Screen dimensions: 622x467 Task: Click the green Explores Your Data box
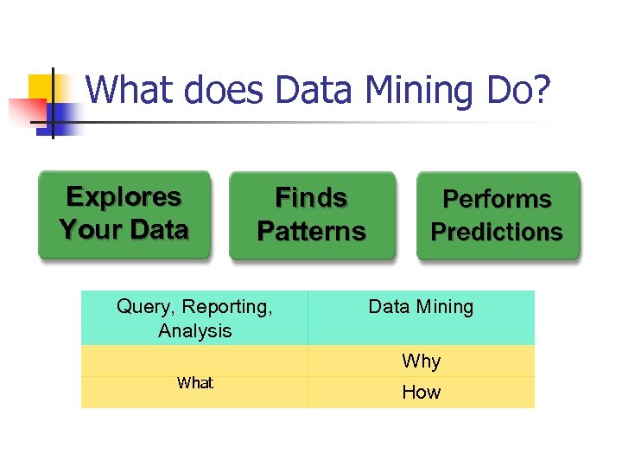coord(124,214)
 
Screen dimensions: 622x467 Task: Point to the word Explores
coord(124,197)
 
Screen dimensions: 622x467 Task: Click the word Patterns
coord(312,232)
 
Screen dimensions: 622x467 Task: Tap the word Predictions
coord(497,233)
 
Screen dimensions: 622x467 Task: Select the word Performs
coord(498,200)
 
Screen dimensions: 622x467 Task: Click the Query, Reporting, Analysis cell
coord(194,318)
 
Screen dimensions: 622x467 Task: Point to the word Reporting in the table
coord(227,307)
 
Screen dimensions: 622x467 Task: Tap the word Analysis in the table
coord(195,330)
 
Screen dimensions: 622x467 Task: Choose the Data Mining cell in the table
coord(421,318)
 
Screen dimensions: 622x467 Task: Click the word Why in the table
coord(421,361)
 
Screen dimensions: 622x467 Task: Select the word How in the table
coord(421,393)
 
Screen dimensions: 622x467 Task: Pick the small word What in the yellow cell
coord(195,383)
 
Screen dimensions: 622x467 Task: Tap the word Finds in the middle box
coord(311,198)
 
